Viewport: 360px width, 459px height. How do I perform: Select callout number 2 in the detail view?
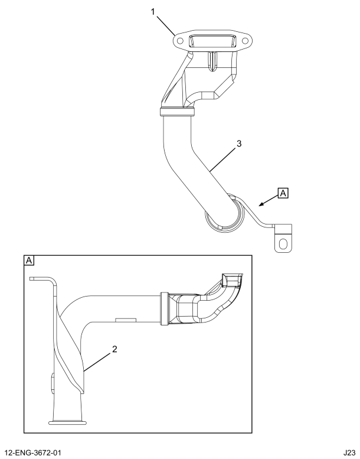[x=115, y=349]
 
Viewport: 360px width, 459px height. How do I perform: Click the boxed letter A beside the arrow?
[x=283, y=193]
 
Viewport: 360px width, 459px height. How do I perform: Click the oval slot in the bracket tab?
[x=283, y=243]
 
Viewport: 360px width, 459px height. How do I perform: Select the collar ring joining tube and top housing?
[x=176, y=110]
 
